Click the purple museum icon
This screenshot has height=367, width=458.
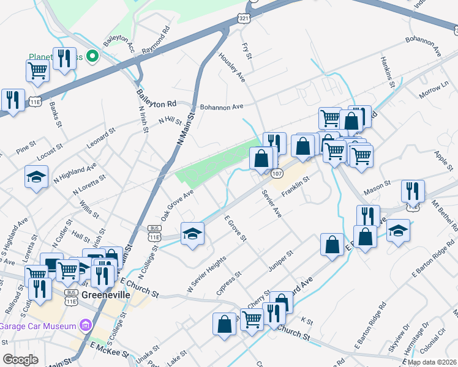pos(86,324)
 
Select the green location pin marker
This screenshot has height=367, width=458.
pos(93,57)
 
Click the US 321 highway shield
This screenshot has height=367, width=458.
pos(244,20)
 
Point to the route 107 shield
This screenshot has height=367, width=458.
pos(277,174)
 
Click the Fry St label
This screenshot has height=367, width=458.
pos(247,51)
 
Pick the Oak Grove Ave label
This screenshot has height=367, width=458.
pos(178,205)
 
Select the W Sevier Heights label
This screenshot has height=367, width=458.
pos(206,275)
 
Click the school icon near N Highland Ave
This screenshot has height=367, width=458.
pos(37,177)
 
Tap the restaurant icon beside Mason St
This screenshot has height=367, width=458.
pos(413,191)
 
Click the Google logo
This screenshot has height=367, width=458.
pos(21,360)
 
